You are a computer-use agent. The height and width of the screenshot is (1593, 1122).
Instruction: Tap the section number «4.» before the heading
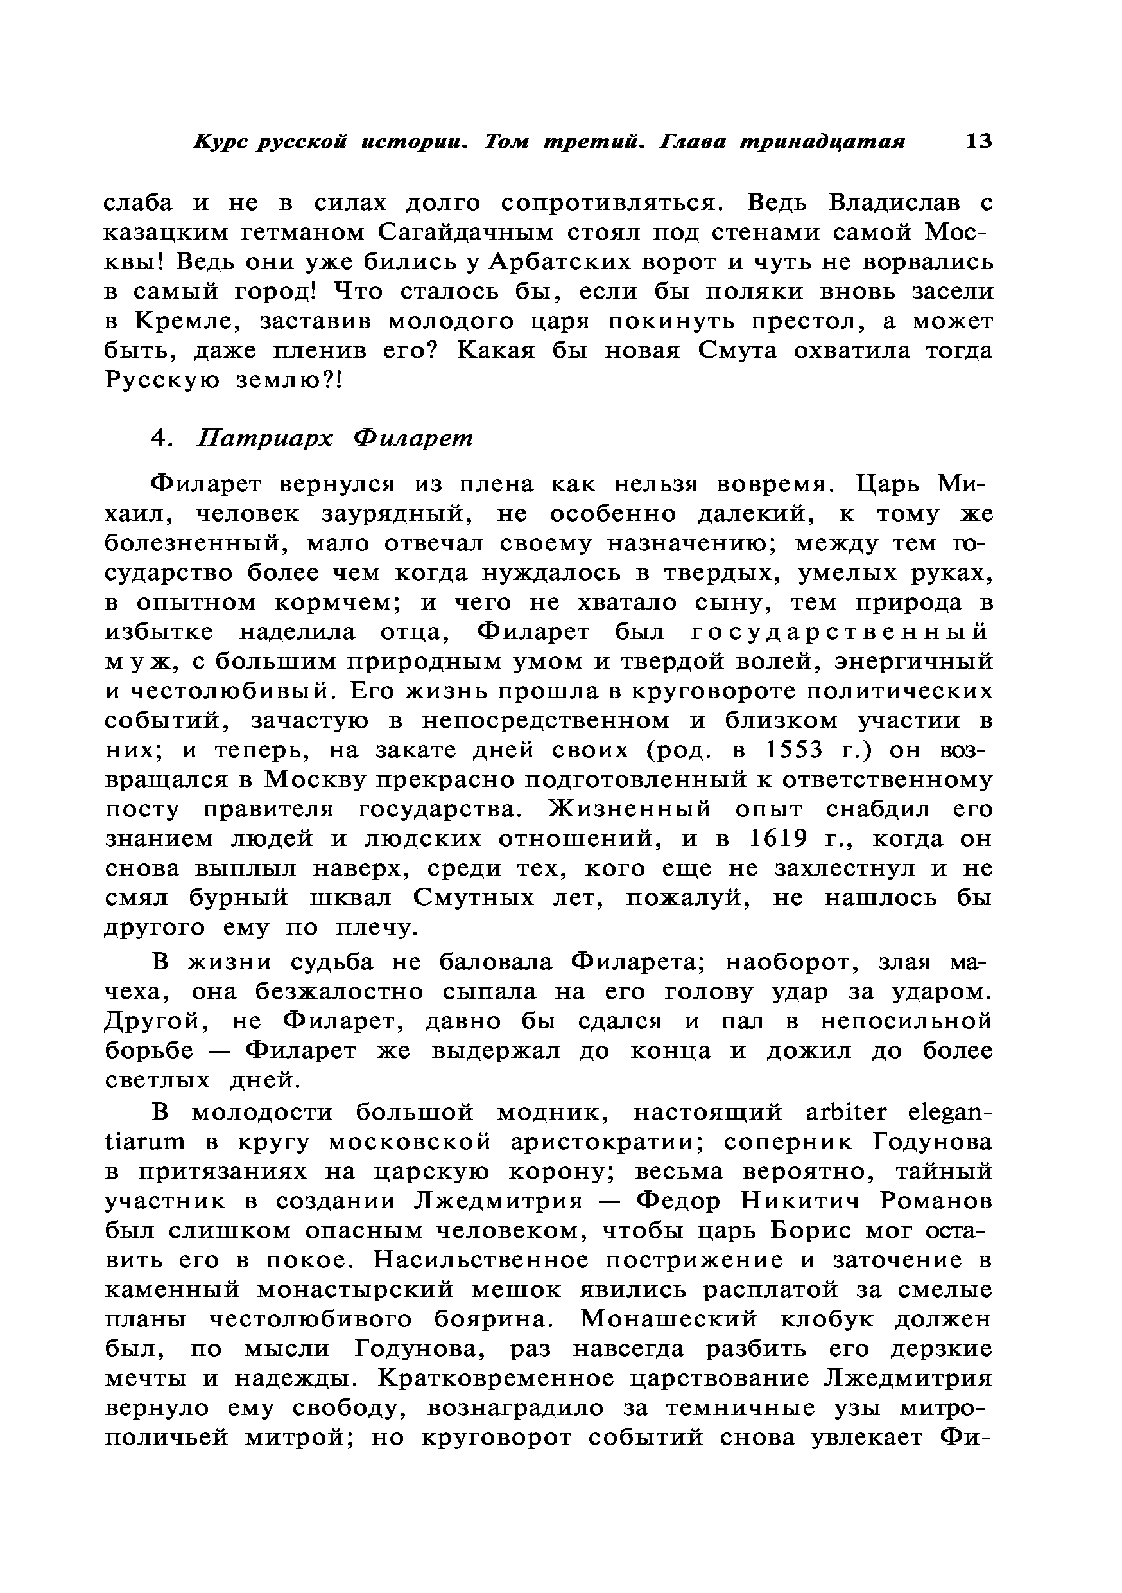coord(161,439)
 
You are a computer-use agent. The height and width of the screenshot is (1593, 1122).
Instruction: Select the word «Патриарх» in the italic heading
coord(265,439)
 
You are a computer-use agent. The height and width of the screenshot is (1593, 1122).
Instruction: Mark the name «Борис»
coord(811,1231)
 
